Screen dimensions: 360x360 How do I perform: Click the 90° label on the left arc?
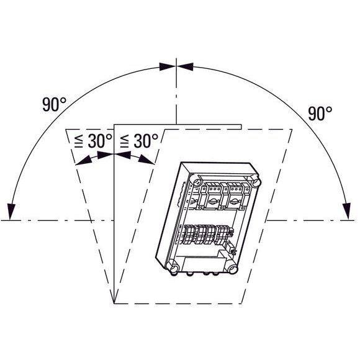[55, 104]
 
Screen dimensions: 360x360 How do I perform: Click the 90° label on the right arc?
[320, 113]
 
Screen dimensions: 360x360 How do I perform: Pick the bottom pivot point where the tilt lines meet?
[114, 302]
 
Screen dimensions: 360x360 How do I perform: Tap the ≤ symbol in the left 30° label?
[79, 142]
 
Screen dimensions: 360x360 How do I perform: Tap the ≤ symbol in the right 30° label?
[124, 142]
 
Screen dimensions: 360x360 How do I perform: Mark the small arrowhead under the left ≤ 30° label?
[84, 161]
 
